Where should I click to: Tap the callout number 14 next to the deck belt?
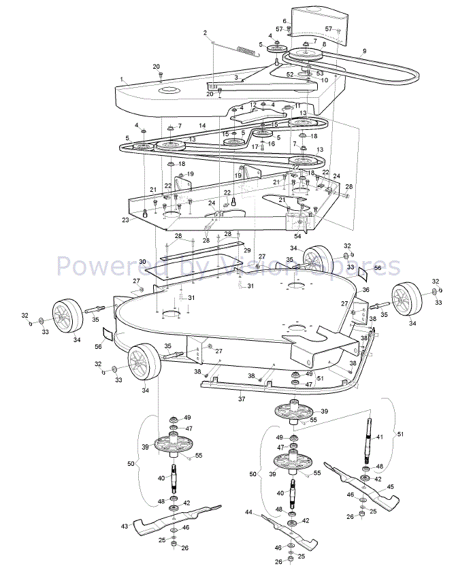point(202,126)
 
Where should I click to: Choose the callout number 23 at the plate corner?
point(125,220)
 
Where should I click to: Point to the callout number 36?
point(365,290)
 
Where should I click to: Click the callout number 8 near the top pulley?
point(324,45)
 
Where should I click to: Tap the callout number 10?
point(325,80)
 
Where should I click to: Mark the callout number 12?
point(253,105)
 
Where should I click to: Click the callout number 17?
point(255,146)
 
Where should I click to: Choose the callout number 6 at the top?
point(285,21)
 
